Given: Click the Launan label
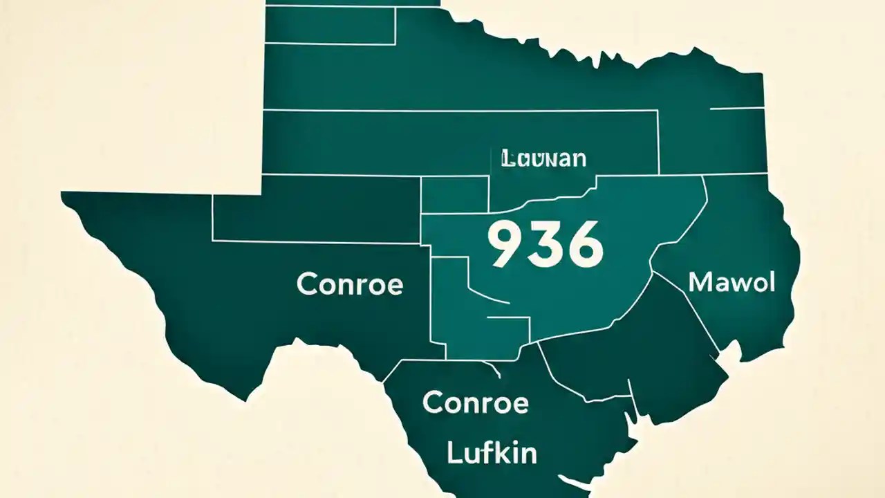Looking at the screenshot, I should (x=543, y=158).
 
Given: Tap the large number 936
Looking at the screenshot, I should (x=545, y=245).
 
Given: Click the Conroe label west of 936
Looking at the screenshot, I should (x=349, y=284).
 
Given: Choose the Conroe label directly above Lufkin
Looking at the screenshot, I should (x=475, y=402).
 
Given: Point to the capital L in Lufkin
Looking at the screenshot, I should (x=454, y=453).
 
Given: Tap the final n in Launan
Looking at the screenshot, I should (x=579, y=159).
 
